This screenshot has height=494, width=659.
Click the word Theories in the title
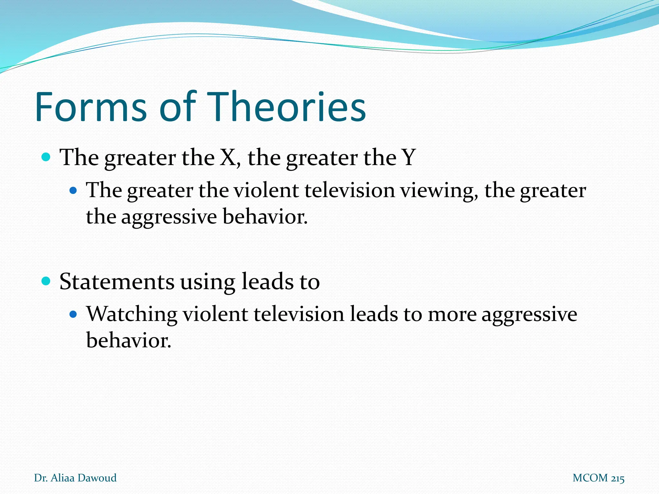click(x=286, y=107)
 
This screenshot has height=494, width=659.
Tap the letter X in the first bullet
click(x=228, y=158)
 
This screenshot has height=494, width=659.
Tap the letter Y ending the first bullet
click(x=409, y=158)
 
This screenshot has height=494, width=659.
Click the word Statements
click(x=117, y=282)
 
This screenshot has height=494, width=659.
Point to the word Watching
click(x=132, y=315)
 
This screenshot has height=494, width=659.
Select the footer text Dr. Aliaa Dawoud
click(x=75, y=478)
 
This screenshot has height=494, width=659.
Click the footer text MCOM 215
click(x=599, y=478)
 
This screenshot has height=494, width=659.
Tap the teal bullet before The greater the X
click(x=46, y=158)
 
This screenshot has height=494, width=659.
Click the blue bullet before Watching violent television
click(x=74, y=314)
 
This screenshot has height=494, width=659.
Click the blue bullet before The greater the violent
click(x=74, y=191)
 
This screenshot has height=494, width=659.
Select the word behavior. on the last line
click(x=129, y=340)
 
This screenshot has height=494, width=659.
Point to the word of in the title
click(x=178, y=107)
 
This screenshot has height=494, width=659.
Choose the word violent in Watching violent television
click(x=215, y=315)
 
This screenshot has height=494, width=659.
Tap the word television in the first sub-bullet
click(x=349, y=190)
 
